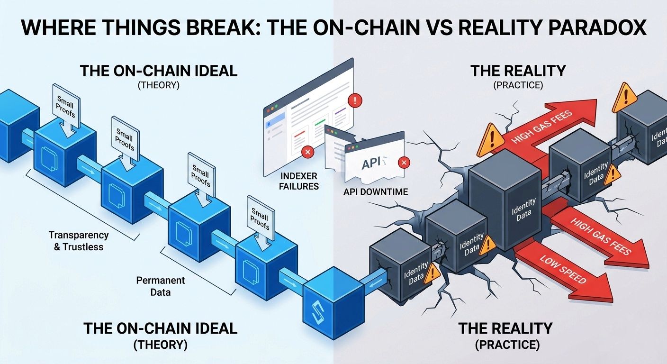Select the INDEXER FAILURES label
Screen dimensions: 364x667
pos(299,181)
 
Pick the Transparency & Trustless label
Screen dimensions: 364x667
pos(79,240)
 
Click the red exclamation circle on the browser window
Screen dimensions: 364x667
pos(354,100)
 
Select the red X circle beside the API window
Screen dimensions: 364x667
pos(404,163)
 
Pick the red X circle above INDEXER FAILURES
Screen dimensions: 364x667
pos(307,153)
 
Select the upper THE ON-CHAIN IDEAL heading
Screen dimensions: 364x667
pos(158,71)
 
